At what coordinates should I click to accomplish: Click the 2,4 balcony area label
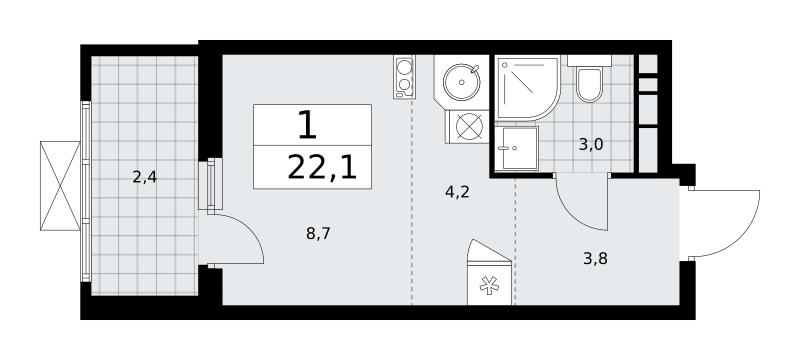pos(144,177)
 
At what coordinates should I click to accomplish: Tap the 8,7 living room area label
pos(318,234)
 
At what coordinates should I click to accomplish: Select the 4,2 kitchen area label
pos(457,193)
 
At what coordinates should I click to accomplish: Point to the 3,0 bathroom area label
pos(591,145)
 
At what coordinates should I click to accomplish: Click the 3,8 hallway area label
pos(595,260)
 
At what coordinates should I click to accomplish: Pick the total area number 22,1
pos(321,168)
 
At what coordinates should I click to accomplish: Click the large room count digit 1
pos(307,125)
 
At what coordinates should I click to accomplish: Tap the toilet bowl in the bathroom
pos(589,85)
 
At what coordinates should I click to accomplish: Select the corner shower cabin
pos(528,88)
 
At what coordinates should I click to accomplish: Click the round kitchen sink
pos(462,82)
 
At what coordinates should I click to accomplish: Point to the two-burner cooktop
pos(404,76)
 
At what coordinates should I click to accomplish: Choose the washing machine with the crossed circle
pos(468,126)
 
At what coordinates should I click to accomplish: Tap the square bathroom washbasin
pos(516,148)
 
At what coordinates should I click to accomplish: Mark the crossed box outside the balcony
pos(60,186)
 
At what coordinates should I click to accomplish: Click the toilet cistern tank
pos(589,61)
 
